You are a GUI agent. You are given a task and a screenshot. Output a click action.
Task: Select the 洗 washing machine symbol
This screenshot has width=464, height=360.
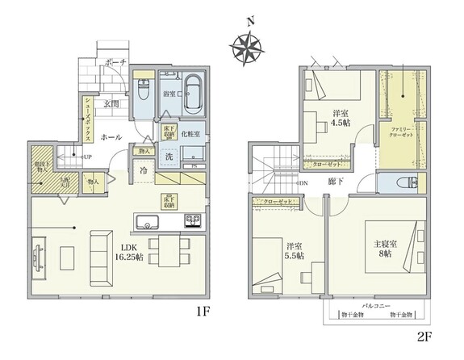tap(169, 157)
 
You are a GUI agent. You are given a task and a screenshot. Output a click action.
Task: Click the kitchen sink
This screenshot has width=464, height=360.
tap(148, 221)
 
